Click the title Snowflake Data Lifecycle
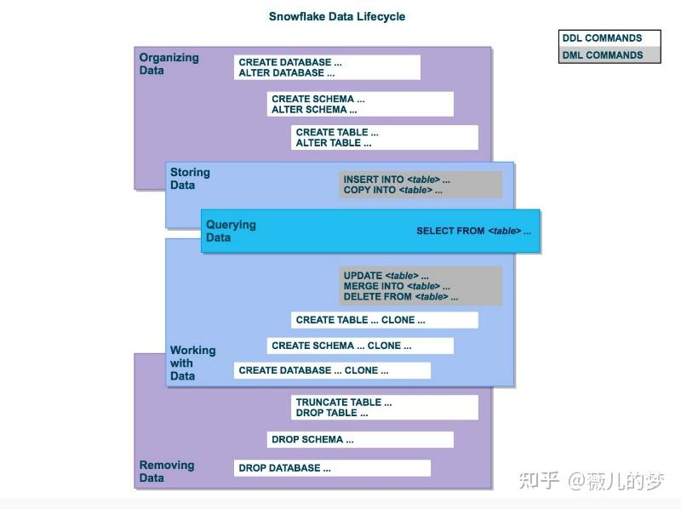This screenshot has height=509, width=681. [x=337, y=16]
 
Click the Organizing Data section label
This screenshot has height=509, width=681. [x=169, y=64]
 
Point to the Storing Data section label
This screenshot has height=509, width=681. [x=190, y=179]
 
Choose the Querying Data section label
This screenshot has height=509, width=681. [x=231, y=231]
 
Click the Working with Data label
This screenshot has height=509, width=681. [x=193, y=363]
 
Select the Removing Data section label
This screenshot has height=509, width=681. [x=167, y=472]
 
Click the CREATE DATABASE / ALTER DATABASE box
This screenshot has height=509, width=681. [x=327, y=67]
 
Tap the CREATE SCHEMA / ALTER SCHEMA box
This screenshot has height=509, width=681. [x=360, y=104]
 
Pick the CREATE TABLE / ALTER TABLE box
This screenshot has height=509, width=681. [x=385, y=138]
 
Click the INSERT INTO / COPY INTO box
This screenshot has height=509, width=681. [x=421, y=185]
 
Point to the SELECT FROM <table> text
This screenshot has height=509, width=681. [x=473, y=231]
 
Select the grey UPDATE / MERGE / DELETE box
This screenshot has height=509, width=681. [x=421, y=286]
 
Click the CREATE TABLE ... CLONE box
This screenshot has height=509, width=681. [x=385, y=320]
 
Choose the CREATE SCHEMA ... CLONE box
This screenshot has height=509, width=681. [x=360, y=346]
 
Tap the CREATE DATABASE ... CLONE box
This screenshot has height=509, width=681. [x=332, y=370]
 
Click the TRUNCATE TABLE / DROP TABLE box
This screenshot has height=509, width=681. [x=385, y=408]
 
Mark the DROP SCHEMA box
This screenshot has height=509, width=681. [x=360, y=439]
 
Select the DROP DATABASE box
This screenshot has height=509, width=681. [x=332, y=468]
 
